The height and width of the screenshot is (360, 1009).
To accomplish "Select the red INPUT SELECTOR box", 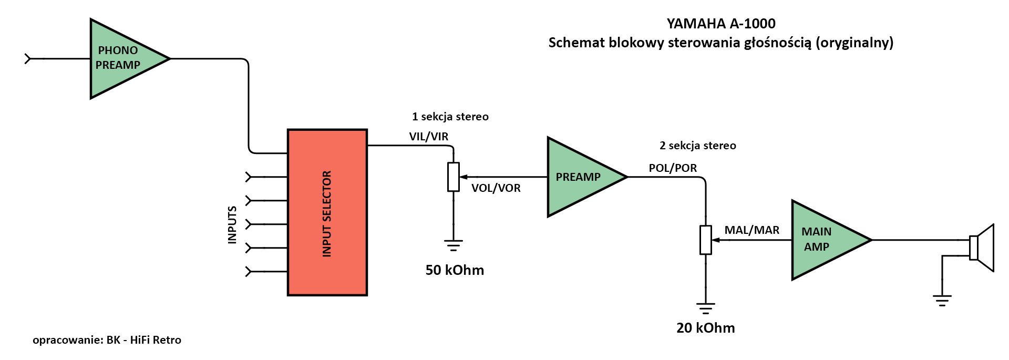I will tap(327, 212).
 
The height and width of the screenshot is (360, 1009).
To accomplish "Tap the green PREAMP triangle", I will tap(581, 177).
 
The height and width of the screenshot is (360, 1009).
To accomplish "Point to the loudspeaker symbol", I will tap(982, 248).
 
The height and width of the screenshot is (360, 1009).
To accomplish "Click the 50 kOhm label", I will tap(455, 270).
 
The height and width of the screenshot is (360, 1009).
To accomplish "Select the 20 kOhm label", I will tap(705, 328).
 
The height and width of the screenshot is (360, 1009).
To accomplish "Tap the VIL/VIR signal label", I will tap(429, 137).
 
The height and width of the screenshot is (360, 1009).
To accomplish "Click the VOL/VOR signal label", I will tap(496, 188).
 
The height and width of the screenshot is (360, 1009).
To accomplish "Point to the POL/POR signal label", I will tap(673, 168).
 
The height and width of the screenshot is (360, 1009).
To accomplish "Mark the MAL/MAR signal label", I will tap(751, 230).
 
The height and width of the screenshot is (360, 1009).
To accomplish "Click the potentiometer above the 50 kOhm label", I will tap(454, 177).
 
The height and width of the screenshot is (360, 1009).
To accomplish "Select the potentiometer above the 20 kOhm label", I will tap(705, 240).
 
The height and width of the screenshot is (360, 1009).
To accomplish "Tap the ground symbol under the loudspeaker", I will tap(942, 301).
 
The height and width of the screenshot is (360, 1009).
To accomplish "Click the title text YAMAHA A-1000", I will tap(721, 24).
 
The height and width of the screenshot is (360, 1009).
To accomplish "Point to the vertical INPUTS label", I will tap(232, 224).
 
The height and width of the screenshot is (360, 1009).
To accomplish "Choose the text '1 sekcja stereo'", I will tap(450, 117).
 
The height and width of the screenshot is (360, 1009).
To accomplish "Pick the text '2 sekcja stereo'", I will tap(697, 146).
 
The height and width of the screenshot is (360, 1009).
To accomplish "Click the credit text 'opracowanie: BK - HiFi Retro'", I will tap(107, 340).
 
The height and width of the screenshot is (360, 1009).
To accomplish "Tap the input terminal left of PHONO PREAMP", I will tap(28, 59).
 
